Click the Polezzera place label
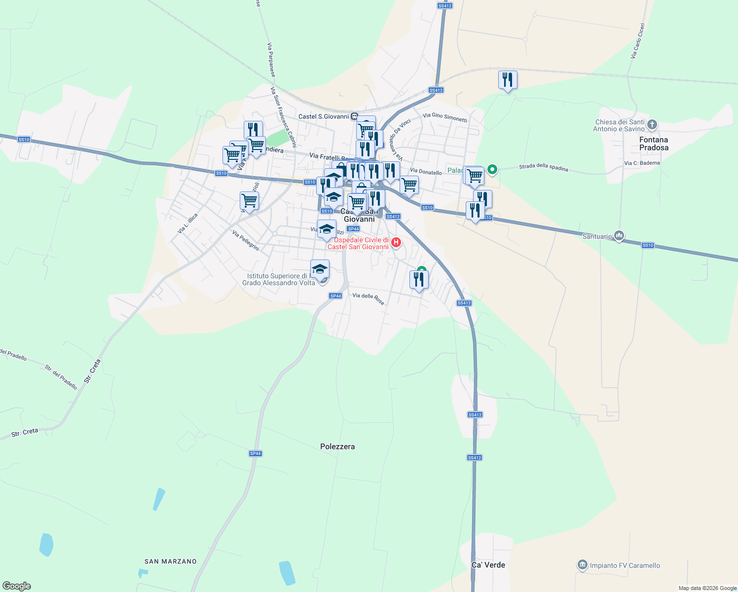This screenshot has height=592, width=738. point(337,446)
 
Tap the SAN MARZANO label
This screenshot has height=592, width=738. point(170,561)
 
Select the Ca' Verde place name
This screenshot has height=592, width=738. point(488,565)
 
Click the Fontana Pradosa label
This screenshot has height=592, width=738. point(654,144)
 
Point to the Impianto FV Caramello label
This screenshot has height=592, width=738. point(625,565)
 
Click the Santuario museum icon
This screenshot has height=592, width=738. point(620,236)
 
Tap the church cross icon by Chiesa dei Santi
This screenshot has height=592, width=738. point(652,125)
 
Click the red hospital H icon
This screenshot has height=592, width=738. point(396,243)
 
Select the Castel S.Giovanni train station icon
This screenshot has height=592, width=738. point(354,116)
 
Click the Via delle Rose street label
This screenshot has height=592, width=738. point(369,298)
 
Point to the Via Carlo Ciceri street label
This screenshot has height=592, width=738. point(637,41)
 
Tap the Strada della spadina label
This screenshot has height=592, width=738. point(543,168)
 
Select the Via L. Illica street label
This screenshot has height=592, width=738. point(187,223)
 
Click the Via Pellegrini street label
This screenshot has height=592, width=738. point(246,241)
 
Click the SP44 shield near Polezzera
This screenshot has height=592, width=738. point(255,453)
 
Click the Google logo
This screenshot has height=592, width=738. point(17,586)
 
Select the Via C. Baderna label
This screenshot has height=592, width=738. point(642,163)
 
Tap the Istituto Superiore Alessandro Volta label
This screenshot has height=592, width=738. point(279,279)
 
